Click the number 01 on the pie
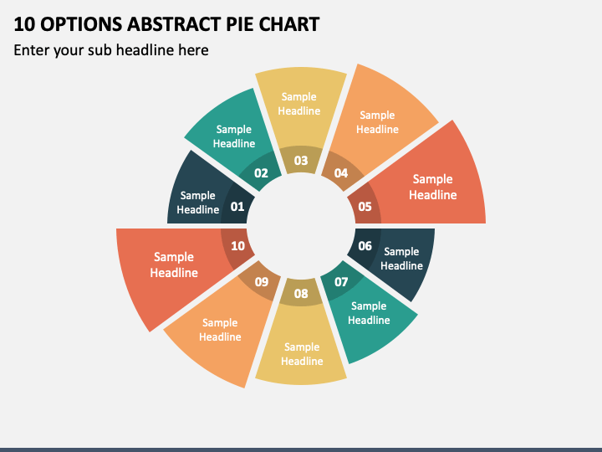click(237, 207)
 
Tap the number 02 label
click(261, 173)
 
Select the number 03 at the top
click(301, 160)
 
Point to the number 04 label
click(341, 173)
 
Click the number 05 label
click(365, 207)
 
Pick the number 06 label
click(365, 246)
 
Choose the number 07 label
click(341, 282)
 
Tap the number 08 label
click(301, 294)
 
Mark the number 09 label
click(262, 282)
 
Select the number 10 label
click(237, 246)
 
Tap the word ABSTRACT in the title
click(174, 24)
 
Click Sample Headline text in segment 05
click(433, 187)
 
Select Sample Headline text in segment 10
click(174, 265)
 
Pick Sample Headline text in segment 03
click(299, 104)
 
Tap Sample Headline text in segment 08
click(302, 354)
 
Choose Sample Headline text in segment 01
click(197, 203)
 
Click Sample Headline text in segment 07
click(369, 313)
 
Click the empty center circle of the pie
click(301, 226)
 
